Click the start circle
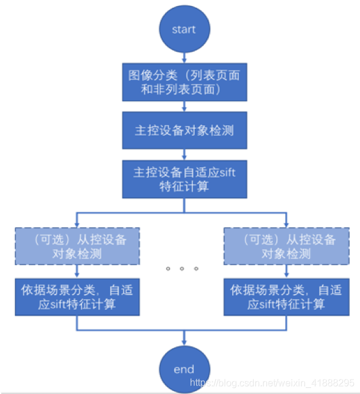coord(184,30)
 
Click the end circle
coord(184,369)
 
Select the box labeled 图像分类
coord(185,82)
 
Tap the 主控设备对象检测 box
coord(185,130)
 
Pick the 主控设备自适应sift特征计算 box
coord(185,179)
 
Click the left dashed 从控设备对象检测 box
coord(77,246)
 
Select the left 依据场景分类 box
coord(77,296)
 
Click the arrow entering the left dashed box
coord(77,220)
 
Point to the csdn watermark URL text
coord(272,383)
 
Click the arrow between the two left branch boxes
coord(77,271)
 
